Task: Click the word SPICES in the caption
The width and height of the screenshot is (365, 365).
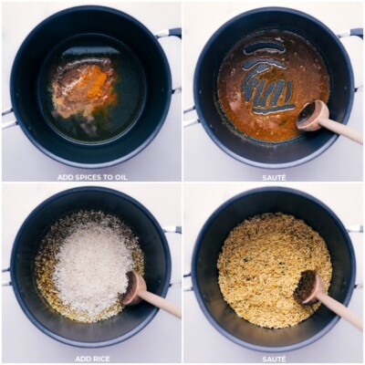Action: [x=87, y=177]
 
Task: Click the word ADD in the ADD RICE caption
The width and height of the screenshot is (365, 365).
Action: [x=80, y=359]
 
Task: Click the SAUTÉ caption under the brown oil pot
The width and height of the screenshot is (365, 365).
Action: [x=274, y=177]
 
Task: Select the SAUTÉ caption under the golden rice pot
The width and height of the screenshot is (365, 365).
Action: [x=274, y=359]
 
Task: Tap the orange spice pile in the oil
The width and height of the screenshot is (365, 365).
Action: [x=92, y=84]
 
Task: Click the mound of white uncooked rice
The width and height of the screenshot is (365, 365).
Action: [x=91, y=265]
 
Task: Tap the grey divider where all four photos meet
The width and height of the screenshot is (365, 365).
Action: [x=182, y=182]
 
